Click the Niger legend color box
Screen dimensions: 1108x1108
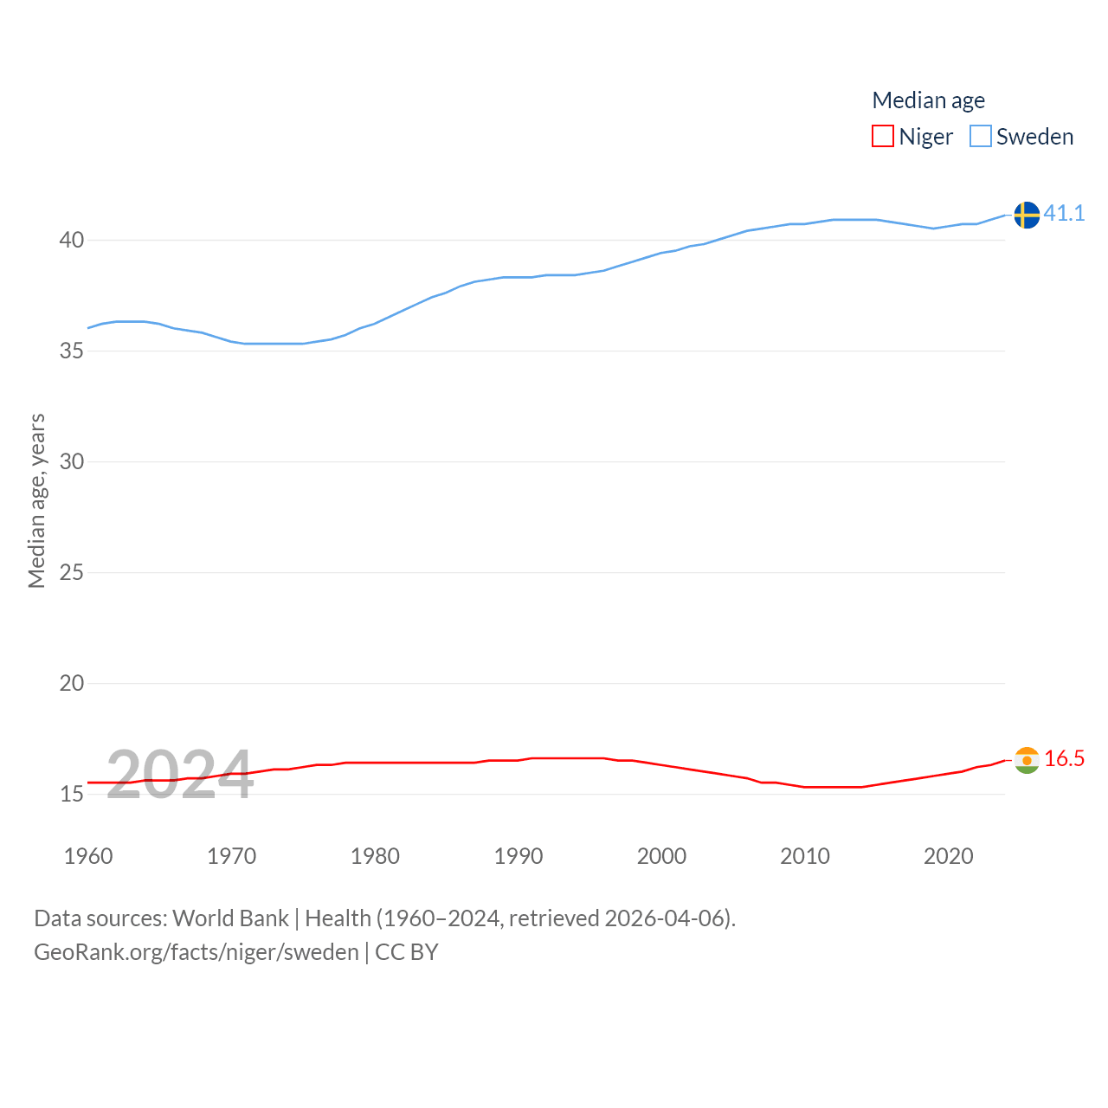point(882,136)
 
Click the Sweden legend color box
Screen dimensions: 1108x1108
point(980,136)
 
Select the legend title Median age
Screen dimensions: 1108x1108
point(928,100)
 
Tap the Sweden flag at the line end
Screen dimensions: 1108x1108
point(1027,215)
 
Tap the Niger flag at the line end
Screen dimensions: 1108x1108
point(1027,760)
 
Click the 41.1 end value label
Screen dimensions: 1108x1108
point(1064,213)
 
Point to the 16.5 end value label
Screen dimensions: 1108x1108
point(1064,758)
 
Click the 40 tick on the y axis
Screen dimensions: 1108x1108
point(72,240)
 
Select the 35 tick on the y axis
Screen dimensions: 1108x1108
point(72,351)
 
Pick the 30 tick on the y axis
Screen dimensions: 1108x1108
point(72,461)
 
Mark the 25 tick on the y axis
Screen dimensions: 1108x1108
point(72,572)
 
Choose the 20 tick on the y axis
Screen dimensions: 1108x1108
point(72,683)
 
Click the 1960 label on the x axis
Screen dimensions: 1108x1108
point(88,856)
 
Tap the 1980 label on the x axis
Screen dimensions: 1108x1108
point(375,856)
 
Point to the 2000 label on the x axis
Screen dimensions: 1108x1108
point(661,856)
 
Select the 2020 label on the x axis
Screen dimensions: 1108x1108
point(949,856)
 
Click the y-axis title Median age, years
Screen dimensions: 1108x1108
point(36,500)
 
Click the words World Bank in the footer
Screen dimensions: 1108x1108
point(230,918)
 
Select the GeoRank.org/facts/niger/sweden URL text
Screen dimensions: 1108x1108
point(196,952)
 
